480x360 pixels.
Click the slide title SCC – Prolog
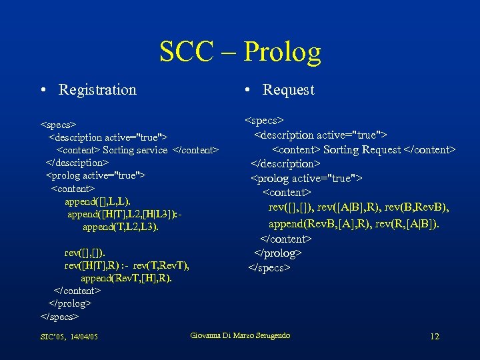click(x=240, y=51)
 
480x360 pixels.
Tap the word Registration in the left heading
click(x=97, y=90)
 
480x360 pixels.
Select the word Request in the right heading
click(x=288, y=90)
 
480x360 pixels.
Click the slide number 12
click(x=435, y=336)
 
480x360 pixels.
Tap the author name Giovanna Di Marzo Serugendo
click(x=240, y=335)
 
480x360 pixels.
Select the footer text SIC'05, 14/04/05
click(x=69, y=337)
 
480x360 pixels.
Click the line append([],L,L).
click(x=97, y=201)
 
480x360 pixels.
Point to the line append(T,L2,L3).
click(x=121, y=227)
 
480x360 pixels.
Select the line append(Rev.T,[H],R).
click(x=126, y=278)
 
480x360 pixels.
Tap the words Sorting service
click(x=135, y=150)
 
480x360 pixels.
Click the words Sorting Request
click(x=363, y=150)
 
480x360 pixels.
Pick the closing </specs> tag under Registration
click(x=60, y=316)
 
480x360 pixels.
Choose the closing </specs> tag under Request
click(x=269, y=267)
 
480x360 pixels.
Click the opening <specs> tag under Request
click(x=265, y=121)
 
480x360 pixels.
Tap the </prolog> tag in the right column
click(x=278, y=253)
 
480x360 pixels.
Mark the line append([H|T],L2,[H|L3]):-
click(x=124, y=214)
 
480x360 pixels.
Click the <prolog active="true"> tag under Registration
click(x=95, y=175)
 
